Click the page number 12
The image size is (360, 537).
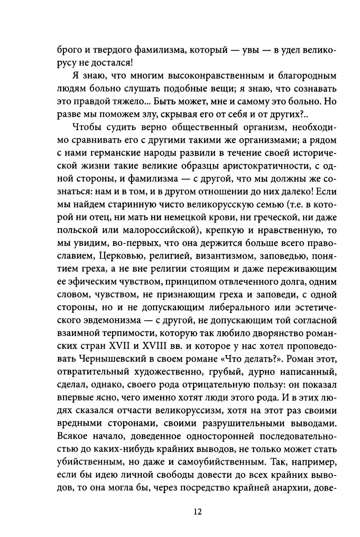(x=197, y=512)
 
